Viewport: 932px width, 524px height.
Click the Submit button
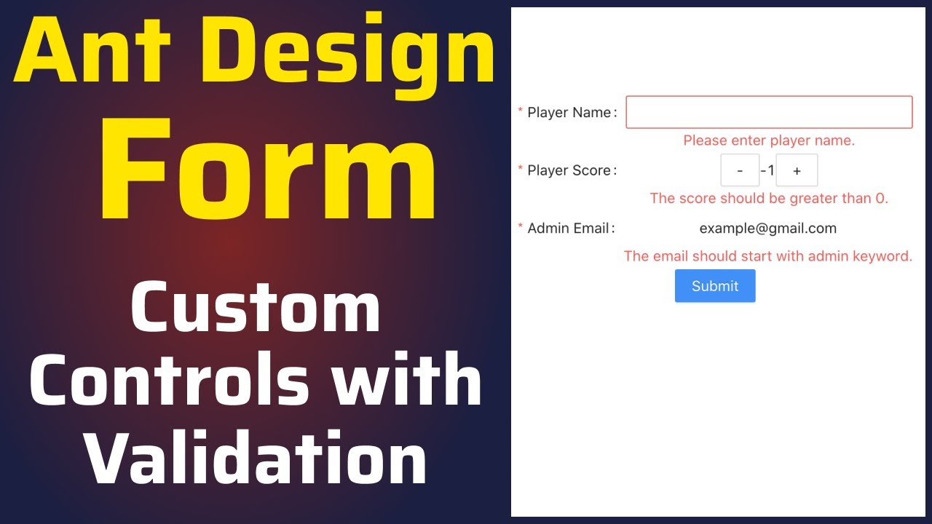pos(714,286)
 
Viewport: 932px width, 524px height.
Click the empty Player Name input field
pos(769,112)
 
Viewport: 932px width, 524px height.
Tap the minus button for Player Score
pos(740,170)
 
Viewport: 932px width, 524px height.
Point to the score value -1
pos(767,170)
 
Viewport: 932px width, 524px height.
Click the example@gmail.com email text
pos(767,229)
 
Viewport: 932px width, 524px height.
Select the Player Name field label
pos(569,113)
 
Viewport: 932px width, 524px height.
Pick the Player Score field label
pos(569,170)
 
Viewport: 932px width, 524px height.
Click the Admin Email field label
pos(568,229)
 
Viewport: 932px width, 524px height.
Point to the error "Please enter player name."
pos(769,140)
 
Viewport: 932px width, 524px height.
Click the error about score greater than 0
pos(769,198)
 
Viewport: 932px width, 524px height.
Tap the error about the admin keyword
pos(768,256)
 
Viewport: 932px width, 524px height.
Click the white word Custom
pos(256,309)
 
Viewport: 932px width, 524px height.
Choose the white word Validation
pos(256,458)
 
